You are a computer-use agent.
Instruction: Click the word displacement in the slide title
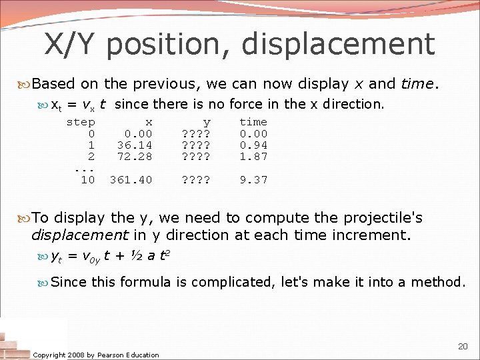point(338,44)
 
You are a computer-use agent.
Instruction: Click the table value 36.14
point(135,145)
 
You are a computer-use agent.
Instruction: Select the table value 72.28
point(135,156)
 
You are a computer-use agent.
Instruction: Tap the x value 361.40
point(131,180)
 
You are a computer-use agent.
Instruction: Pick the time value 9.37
point(253,180)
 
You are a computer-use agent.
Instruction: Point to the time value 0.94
point(253,145)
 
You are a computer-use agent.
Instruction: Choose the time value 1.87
point(253,156)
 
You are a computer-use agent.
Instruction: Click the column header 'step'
point(81,122)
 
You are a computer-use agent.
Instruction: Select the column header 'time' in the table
point(253,122)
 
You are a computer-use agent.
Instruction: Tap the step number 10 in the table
point(87,180)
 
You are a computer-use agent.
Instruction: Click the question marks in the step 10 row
point(197,180)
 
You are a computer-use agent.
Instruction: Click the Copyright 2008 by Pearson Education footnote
point(96,355)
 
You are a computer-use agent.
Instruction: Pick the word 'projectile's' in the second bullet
point(384,218)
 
